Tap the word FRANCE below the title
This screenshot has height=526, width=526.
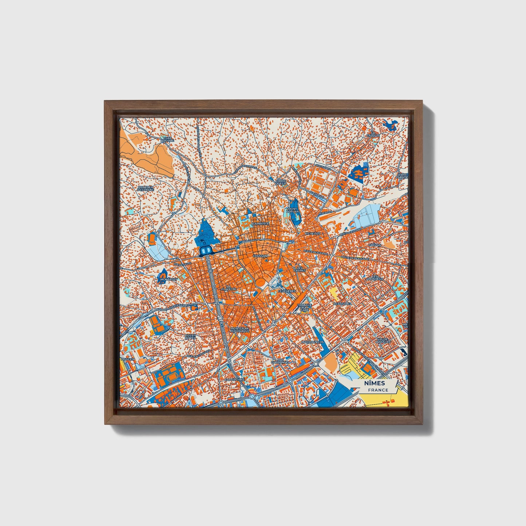377,390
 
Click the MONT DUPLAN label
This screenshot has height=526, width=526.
293,210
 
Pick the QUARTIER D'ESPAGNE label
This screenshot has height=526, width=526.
146,189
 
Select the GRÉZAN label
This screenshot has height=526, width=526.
375,245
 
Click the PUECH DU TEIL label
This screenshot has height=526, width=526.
190,337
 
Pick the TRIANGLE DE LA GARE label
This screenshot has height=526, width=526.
304,308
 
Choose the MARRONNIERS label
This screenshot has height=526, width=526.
313,342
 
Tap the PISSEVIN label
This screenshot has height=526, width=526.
128,359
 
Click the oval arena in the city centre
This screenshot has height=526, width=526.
261,283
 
